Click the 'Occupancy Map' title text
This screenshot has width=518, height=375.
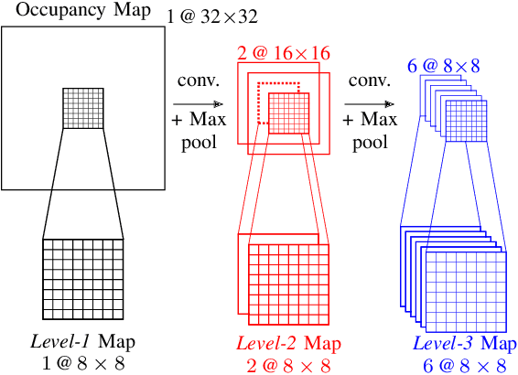point(83,11)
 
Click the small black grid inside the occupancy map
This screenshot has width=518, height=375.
point(82,108)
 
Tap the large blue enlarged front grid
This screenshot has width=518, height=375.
point(465,290)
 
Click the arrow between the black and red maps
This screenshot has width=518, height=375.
point(197,104)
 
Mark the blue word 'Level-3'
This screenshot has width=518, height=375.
point(443,344)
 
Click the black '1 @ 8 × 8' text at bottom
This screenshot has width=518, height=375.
point(83,363)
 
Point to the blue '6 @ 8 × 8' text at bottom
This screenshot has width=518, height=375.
point(466,364)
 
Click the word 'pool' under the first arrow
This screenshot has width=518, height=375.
point(196,143)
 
